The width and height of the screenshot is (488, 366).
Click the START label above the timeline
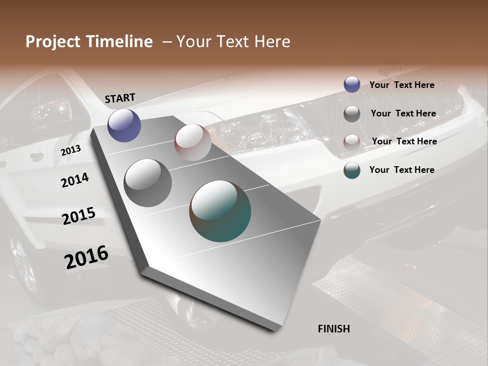tap(120, 98)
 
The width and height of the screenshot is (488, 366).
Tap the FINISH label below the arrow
tap(333, 329)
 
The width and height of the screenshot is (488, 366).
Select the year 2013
tap(71, 150)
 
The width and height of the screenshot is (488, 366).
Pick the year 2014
tap(75, 180)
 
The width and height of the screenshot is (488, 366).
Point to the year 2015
tap(79, 216)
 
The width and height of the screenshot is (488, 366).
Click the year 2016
tap(86, 257)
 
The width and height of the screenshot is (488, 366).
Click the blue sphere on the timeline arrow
tap(124, 125)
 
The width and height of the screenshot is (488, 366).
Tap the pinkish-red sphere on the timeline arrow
tap(193, 142)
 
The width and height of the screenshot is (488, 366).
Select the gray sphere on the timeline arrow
tap(148, 183)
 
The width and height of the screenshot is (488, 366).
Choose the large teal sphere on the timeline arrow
tap(220, 211)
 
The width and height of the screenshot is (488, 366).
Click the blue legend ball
tap(352, 84)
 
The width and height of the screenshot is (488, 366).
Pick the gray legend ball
tap(352, 114)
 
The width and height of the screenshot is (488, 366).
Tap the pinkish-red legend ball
tap(352, 142)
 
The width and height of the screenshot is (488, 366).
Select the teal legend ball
tap(352, 170)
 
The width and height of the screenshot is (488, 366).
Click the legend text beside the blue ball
tap(402, 85)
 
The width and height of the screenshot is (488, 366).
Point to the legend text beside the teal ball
tap(402, 170)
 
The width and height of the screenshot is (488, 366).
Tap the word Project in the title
tap(52, 42)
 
